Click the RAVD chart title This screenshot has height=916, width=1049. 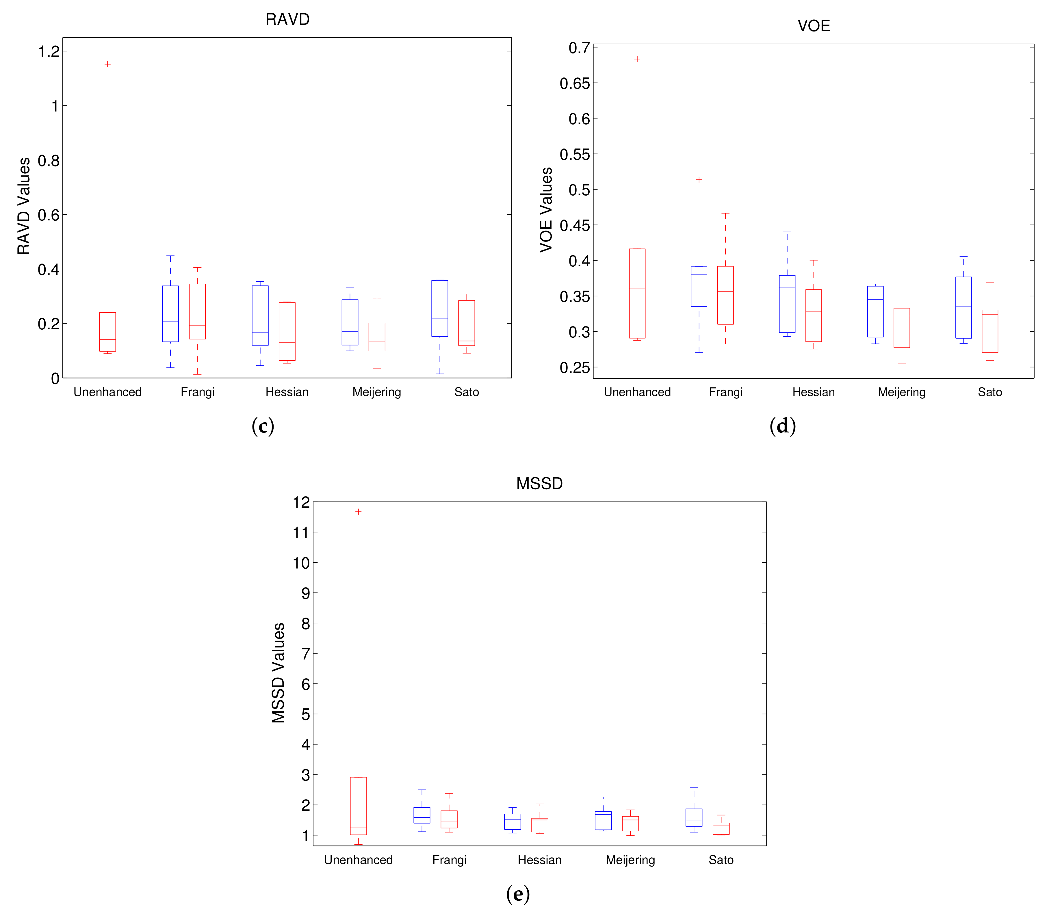287,19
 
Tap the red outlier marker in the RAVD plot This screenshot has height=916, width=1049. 107,64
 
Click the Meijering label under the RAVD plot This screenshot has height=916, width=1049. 377,392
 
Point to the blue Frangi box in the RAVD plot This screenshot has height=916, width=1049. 170,313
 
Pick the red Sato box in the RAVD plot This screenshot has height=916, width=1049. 466,323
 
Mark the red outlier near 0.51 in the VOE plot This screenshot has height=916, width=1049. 699,180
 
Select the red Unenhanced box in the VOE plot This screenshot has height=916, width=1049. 637,293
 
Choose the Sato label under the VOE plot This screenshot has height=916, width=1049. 990,392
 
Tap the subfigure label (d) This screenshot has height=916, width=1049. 782,426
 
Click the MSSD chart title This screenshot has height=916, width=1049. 539,483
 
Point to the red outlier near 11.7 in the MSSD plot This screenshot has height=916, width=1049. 358,512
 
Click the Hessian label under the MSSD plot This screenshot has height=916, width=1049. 539,860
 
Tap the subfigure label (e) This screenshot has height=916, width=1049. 517,893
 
